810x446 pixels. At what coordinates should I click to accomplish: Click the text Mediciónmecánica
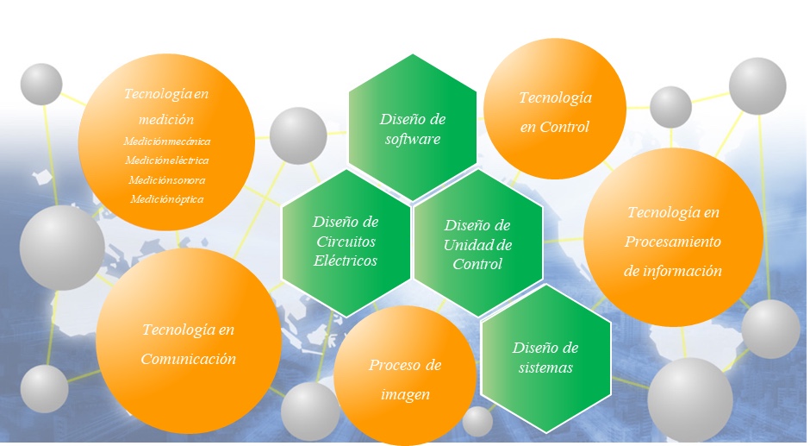coord(166,141)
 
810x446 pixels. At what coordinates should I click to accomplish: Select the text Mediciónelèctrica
coord(166,160)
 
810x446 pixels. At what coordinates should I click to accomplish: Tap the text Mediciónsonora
coord(166,179)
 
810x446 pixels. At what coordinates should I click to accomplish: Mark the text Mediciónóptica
coord(166,199)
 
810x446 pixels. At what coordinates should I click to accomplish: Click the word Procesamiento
coord(672,242)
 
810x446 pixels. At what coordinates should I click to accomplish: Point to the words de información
coord(672,271)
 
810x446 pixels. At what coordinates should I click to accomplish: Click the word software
coord(413,139)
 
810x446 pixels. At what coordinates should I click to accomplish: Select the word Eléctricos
coord(345,260)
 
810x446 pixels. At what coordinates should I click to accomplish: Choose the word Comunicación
coord(189,359)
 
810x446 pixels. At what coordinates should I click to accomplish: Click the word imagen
coord(405,395)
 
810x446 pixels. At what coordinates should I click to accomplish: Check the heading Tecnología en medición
coord(166,105)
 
